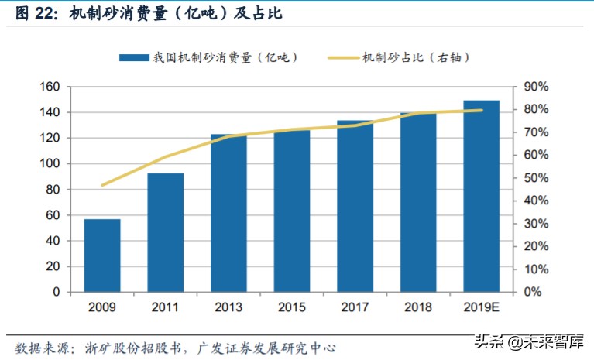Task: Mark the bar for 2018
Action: point(418,202)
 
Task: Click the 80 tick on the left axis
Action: point(53,190)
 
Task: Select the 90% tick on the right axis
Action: point(535,87)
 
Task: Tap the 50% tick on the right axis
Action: point(535,178)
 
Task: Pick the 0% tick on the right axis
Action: point(533,293)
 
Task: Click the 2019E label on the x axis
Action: point(481,307)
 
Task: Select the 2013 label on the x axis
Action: point(228,307)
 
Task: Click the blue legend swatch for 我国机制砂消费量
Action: point(133,57)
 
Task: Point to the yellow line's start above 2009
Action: point(102,185)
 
